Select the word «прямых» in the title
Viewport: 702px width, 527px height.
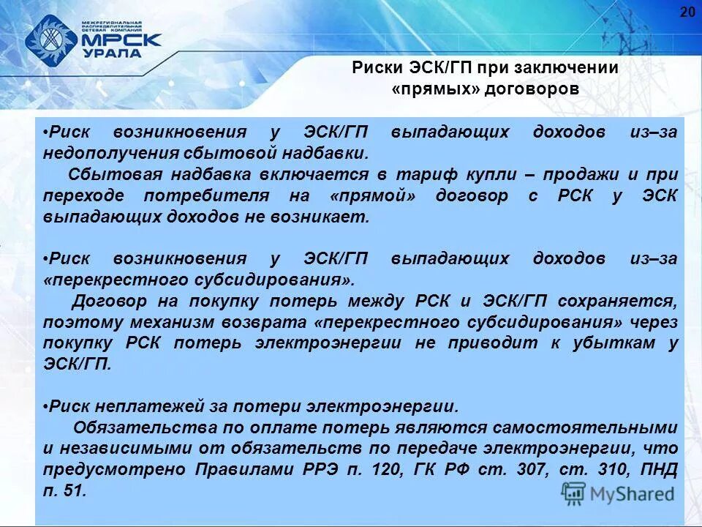pos(432,89)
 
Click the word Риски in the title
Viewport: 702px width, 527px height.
pos(374,68)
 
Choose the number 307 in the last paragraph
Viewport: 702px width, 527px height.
pos(526,469)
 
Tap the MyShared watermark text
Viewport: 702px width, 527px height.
pos(632,494)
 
